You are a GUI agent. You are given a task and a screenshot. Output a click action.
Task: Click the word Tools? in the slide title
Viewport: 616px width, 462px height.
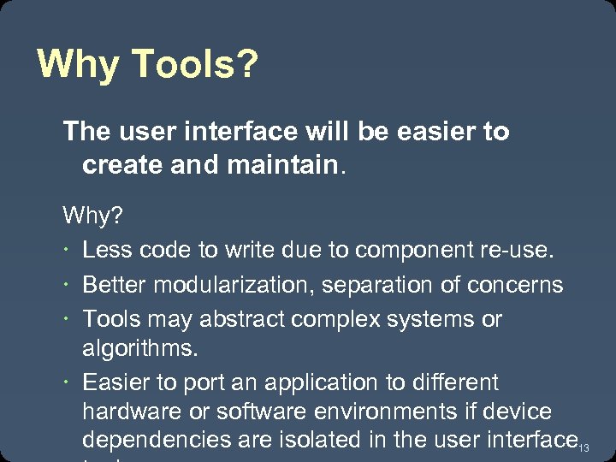coord(194,64)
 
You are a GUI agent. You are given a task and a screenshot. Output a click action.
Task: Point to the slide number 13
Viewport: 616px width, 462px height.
coord(585,448)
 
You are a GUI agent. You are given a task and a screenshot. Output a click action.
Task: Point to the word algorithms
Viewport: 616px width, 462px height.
coord(139,349)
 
